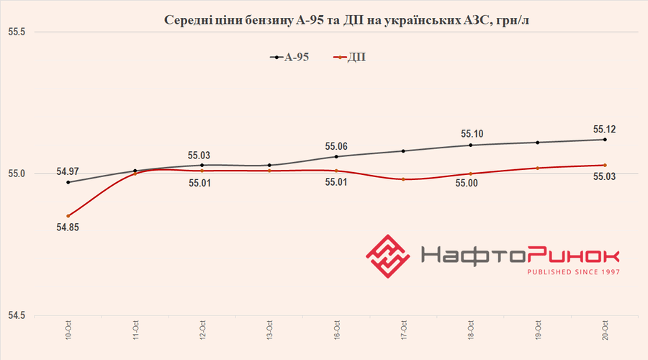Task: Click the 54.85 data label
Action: [x=68, y=229]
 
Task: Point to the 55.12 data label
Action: [x=605, y=130]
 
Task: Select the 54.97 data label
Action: [x=68, y=171]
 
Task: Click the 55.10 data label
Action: [x=471, y=134]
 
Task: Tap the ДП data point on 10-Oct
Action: [x=68, y=216]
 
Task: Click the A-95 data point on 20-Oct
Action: [x=605, y=140]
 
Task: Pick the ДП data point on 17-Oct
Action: [x=403, y=179]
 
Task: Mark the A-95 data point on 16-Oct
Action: [x=336, y=156]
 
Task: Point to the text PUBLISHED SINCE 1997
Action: [x=573, y=272]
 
